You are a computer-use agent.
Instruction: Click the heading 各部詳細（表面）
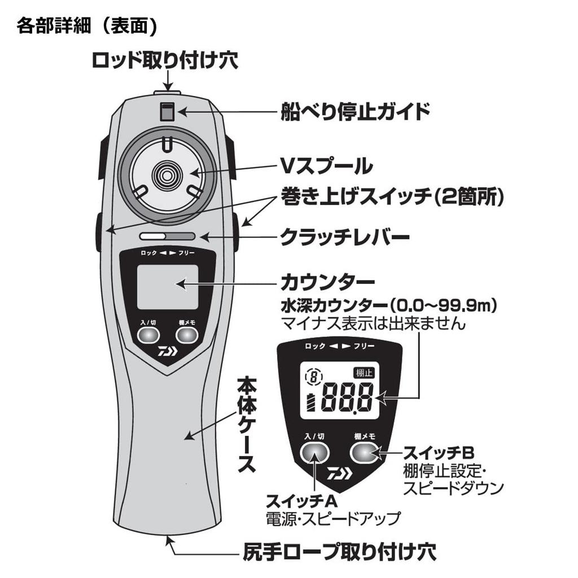[x=86, y=25]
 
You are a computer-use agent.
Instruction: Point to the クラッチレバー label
[x=345, y=238]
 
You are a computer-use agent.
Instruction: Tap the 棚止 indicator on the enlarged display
[x=364, y=373]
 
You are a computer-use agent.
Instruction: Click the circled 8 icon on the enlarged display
[x=312, y=375]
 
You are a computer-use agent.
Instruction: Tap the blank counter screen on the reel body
[x=168, y=286]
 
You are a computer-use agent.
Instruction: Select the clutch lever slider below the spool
[x=168, y=237]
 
